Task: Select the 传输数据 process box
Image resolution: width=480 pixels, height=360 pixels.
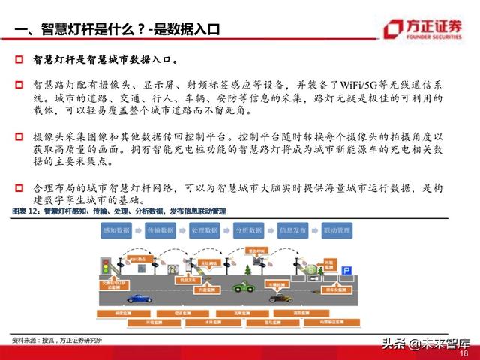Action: pos(160,230)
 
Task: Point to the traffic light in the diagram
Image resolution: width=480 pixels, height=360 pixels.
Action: pos(106,266)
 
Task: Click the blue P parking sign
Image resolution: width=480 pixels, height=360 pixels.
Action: pos(346,269)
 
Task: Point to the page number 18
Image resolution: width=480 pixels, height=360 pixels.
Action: pos(463,352)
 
